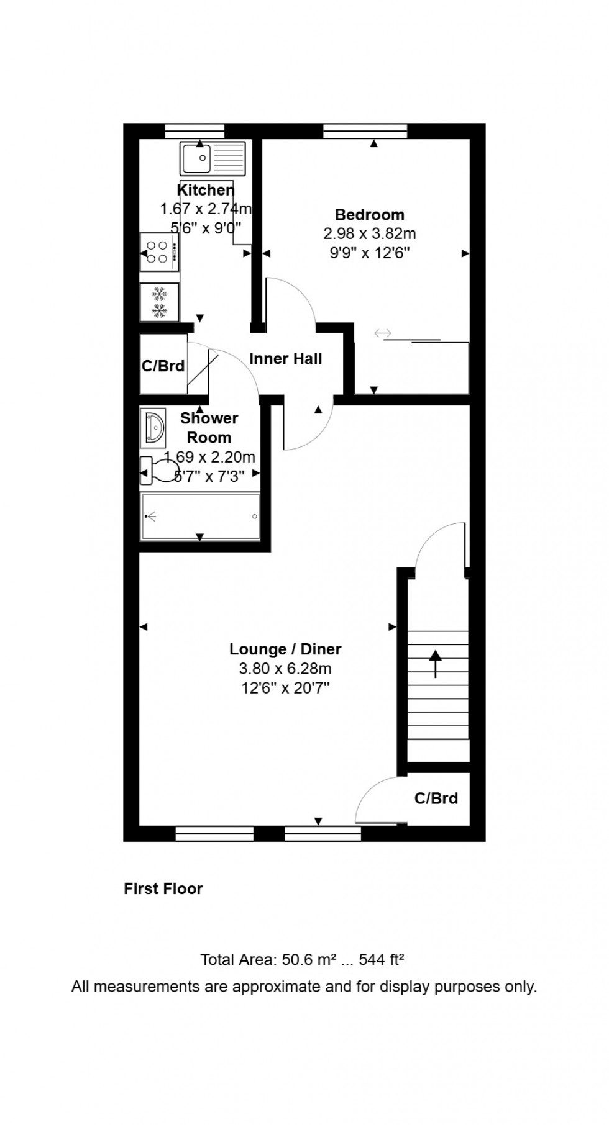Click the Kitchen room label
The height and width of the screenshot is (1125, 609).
(x=206, y=190)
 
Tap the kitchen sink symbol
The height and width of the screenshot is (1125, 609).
(x=213, y=158)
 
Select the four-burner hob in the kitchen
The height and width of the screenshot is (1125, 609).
(x=160, y=251)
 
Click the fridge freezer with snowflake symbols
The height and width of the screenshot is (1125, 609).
(x=160, y=302)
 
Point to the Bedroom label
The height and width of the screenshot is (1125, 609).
(x=369, y=215)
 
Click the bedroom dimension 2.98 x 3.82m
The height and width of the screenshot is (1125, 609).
(x=369, y=234)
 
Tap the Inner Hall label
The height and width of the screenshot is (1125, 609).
(x=285, y=358)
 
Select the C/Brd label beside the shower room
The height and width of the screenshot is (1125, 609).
(x=163, y=366)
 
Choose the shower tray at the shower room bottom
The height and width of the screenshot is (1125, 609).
(x=200, y=516)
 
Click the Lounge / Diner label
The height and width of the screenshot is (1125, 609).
(x=285, y=649)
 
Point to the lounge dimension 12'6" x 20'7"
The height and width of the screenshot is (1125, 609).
(x=285, y=688)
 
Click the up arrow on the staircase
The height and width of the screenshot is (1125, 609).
(x=435, y=662)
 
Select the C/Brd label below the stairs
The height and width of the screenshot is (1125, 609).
(x=436, y=798)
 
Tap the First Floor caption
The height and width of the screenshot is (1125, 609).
(x=163, y=888)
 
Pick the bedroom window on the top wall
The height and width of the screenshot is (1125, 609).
(x=365, y=130)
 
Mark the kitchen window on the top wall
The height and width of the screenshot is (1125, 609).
(x=195, y=130)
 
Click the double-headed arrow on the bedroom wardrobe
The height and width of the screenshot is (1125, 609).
(x=383, y=334)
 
